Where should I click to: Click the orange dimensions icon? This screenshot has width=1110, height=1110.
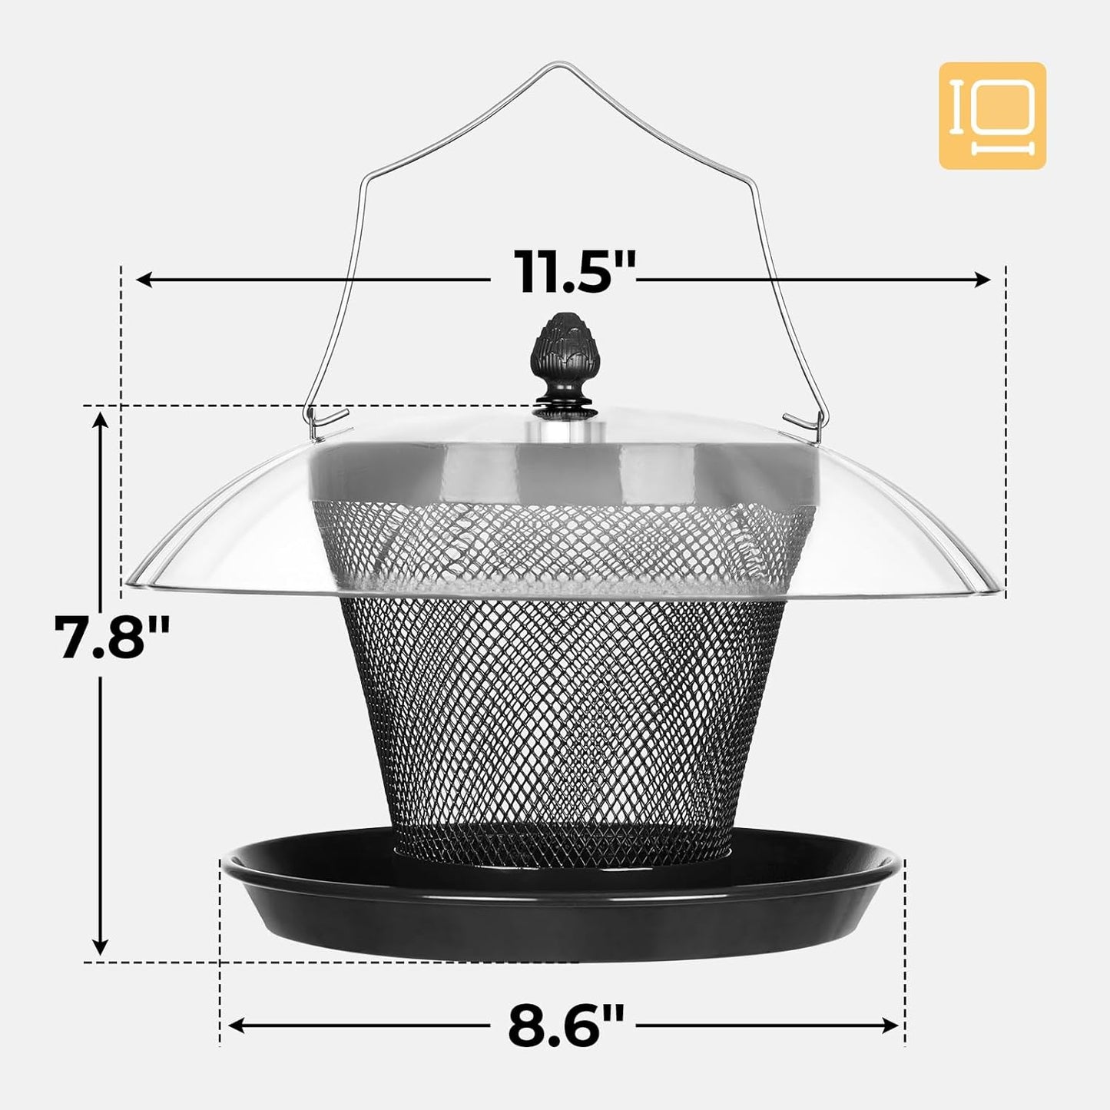point(992,116)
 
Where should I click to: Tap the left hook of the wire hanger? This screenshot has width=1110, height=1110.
point(323,421)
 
